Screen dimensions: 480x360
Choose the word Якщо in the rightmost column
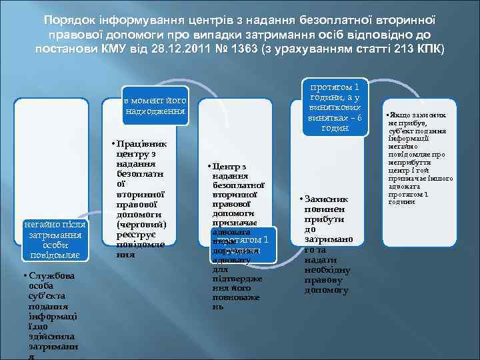408,115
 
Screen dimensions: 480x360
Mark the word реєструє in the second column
135,235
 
